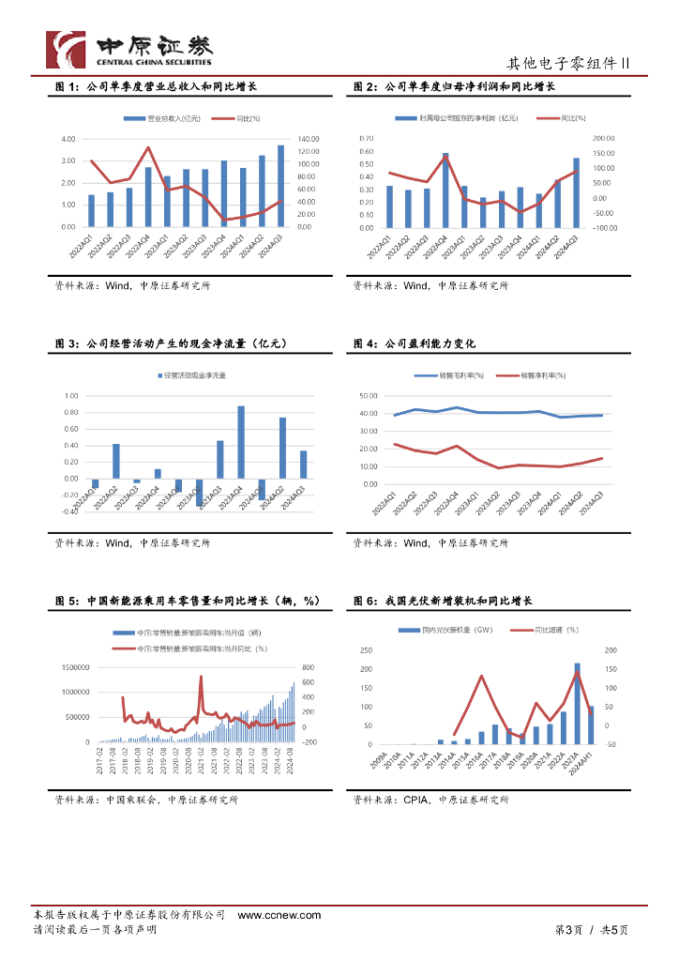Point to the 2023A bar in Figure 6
coord(577,703)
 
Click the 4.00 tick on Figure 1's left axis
coord(68,139)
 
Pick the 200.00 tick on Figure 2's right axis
coord(603,138)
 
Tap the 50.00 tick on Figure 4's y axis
coord(368,396)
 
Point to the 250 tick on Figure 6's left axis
coord(365,650)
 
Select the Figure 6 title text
coord(443,601)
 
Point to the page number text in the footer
coord(591,929)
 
